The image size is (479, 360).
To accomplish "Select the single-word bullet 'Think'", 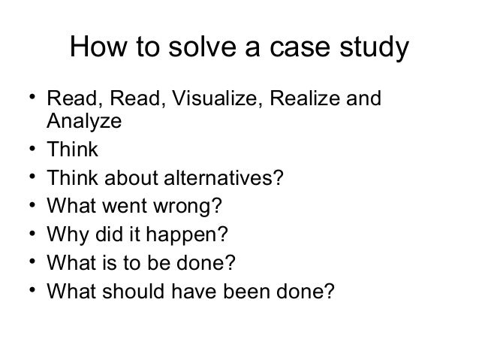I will pyautogui.click(x=72, y=149).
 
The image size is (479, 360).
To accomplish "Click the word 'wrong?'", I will pyautogui.click(x=192, y=206).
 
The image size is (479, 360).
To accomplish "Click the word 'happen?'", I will pyautogui.click(x=191, y=234).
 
